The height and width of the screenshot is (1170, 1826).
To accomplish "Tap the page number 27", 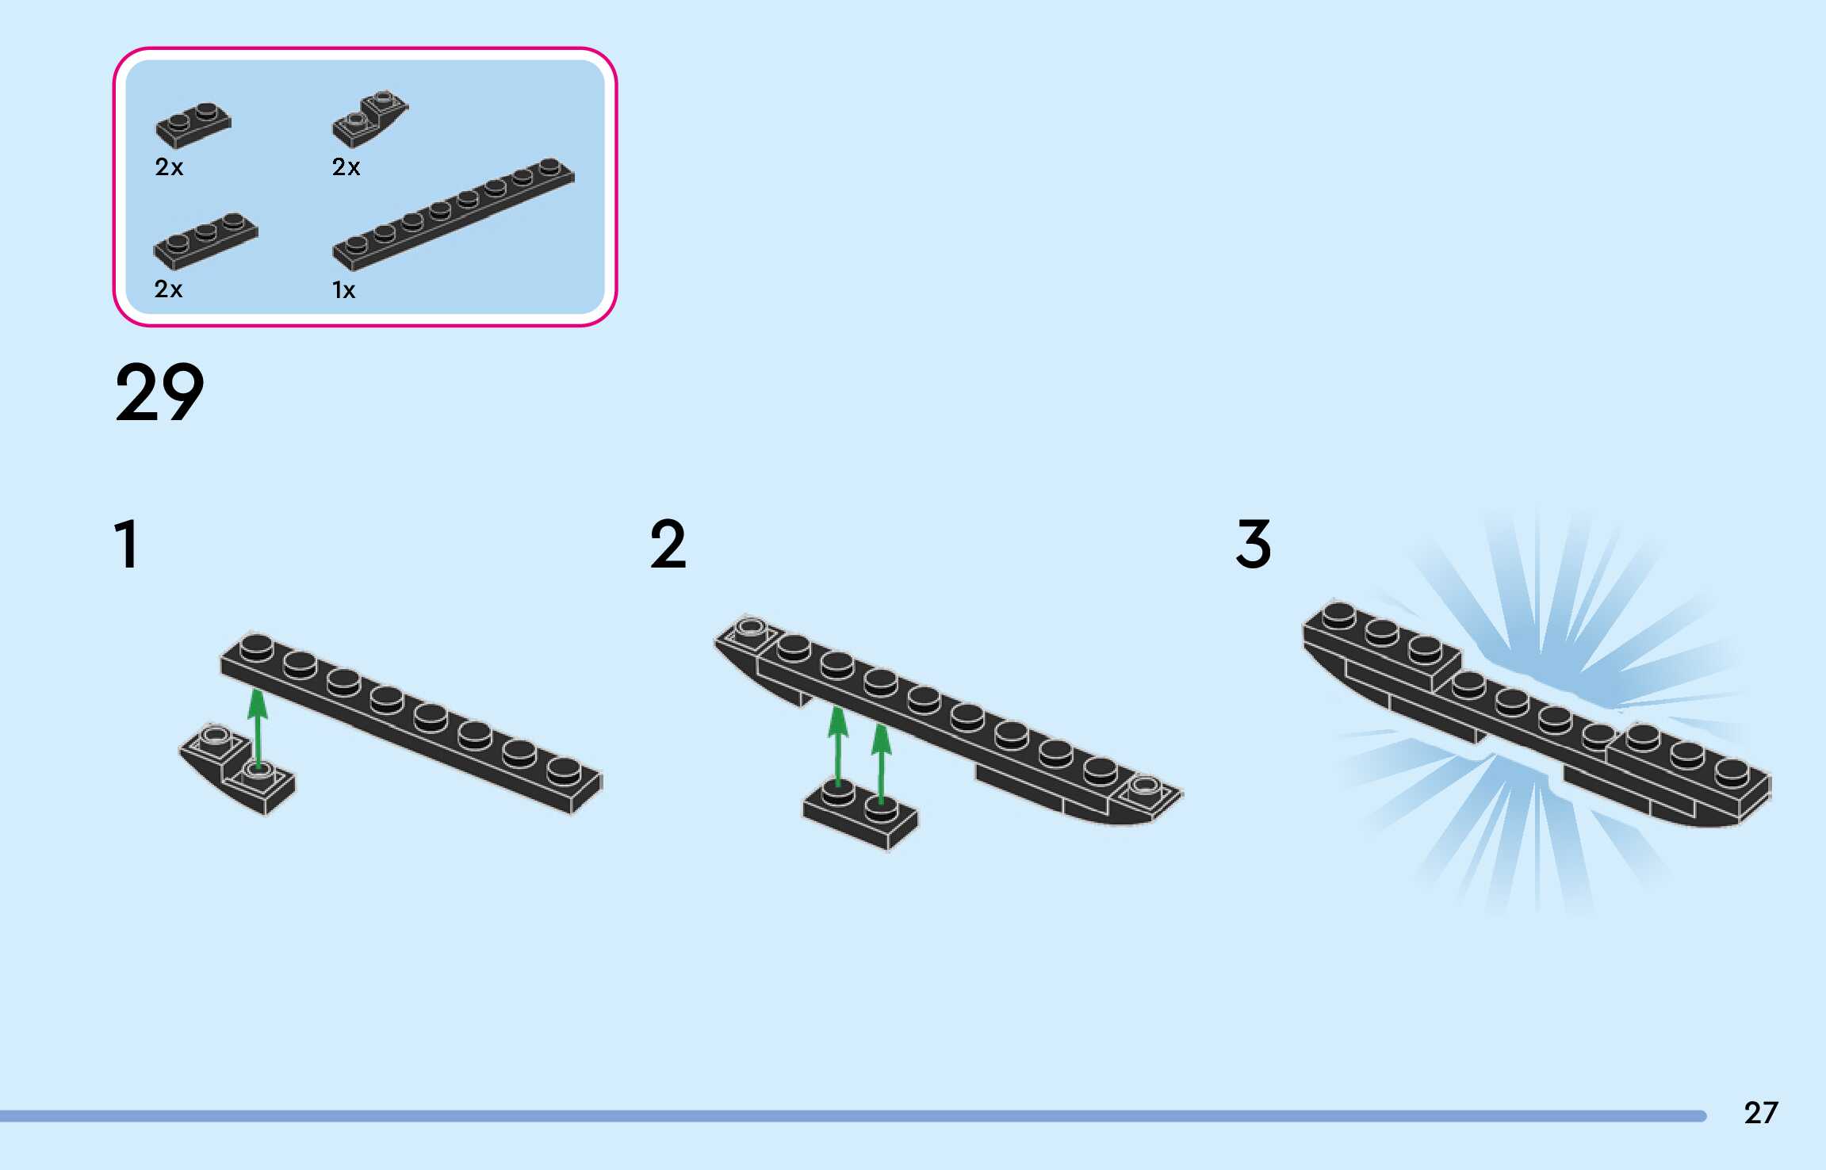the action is (x=1760, y=1113).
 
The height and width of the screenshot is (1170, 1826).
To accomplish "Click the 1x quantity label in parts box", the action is (x=343, y=290).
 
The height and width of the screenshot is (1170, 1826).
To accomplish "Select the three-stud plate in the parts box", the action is (x=205, y=239).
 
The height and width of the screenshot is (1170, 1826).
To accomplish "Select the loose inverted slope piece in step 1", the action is (x=236, y=768).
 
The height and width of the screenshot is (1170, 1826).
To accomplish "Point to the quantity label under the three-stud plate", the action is (x=168, y=289).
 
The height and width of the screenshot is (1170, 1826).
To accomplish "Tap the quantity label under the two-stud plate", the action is (x=169, y=167).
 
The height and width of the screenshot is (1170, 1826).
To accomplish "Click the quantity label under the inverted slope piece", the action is (x=346, y=167).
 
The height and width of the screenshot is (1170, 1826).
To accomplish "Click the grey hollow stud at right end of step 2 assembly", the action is (x=1144, y=786).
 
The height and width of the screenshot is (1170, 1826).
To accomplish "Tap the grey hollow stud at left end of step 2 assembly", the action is (x=750, y=629).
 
